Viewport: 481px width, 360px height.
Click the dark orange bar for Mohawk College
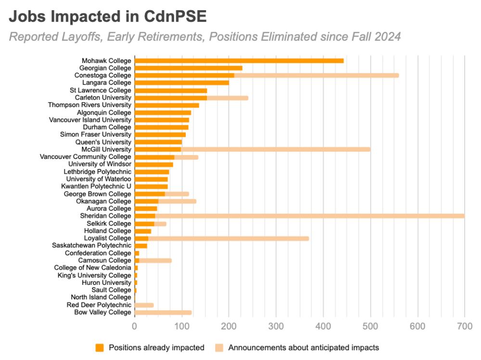239,61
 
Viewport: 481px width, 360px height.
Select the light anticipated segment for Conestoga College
316,76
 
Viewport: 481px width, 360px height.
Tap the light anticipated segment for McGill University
275,149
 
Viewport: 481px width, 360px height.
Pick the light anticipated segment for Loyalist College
228,238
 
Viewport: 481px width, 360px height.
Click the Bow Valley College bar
163,312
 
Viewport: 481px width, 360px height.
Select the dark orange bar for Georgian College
188,68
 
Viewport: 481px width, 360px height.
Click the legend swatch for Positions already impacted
100,347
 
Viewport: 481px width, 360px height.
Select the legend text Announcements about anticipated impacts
304,347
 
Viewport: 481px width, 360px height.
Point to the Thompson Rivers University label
89,105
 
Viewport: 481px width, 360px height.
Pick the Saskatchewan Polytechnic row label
91,245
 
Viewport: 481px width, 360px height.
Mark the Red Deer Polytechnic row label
99,305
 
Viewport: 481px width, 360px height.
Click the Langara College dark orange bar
181,83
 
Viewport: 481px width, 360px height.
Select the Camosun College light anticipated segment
155,260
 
